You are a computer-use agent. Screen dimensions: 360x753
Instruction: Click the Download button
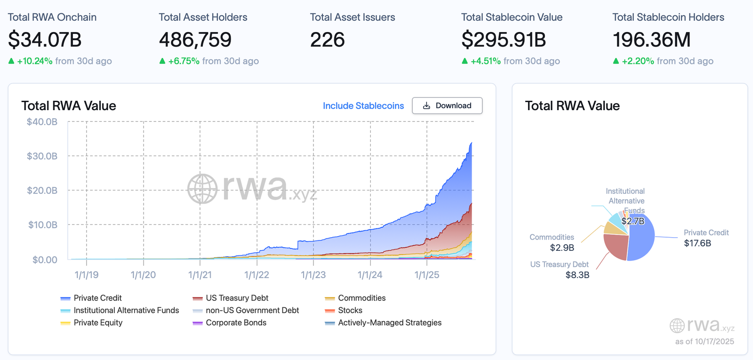tap(447, 106)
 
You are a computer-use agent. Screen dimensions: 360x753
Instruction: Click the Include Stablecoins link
tap(363, 106)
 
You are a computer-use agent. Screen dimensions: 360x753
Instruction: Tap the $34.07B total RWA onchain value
tap(45, 40)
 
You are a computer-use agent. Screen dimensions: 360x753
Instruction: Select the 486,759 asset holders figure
tap(195, 40)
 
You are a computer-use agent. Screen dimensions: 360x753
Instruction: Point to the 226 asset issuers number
tap(328, 40)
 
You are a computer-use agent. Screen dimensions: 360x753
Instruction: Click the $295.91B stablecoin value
tap(504, 40)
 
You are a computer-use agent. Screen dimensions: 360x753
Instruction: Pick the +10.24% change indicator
tap(34, 61)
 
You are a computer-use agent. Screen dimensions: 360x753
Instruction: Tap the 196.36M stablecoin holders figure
tap(651, 40)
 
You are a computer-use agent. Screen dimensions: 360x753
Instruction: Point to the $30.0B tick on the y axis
tap(42, 156)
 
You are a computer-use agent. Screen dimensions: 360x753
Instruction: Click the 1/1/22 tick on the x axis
tap(256, 275)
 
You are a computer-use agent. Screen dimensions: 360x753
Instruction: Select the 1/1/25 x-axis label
tap(427, 275)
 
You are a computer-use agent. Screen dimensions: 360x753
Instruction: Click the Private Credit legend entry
tap(97, 298)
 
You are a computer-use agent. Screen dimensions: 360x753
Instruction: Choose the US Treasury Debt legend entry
tap(237, 298)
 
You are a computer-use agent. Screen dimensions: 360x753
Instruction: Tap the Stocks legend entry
tap(350, 311)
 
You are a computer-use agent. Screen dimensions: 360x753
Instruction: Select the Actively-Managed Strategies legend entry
tap(389, 323)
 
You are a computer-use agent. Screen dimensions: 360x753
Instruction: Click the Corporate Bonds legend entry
tap(236, 323)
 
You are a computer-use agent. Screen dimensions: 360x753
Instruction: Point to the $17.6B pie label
tap(697, 243)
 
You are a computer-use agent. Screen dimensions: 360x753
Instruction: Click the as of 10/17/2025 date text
tap(704, 342)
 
